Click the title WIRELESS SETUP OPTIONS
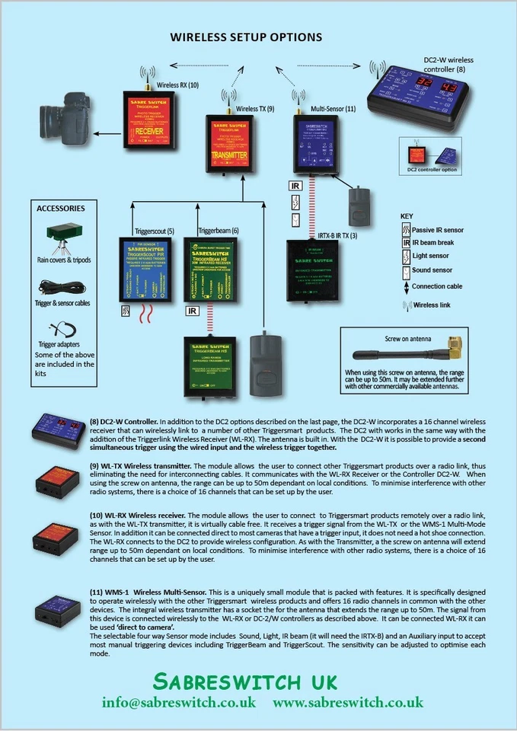pos(245,37)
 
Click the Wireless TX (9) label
pos(255,109)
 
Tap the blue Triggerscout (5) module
pos(148,268)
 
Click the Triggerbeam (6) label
pos(219,231)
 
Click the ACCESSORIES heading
pos(61,208)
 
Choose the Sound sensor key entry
pos(432,270)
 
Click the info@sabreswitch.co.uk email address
pos(179,701)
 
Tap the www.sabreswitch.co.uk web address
pos(348,701)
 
